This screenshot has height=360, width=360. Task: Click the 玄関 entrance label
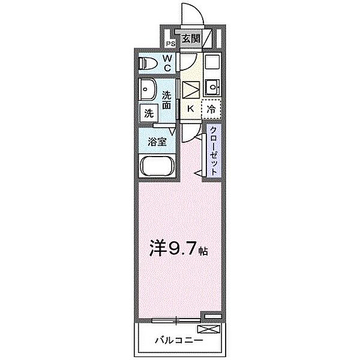190,40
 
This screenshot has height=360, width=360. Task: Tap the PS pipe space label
170,43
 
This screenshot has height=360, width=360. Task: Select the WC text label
168,63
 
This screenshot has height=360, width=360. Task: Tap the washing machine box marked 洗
148,113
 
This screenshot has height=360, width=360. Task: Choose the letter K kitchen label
191,109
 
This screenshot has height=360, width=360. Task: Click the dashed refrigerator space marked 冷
211,109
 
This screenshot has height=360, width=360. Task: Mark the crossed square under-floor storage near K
191,89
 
